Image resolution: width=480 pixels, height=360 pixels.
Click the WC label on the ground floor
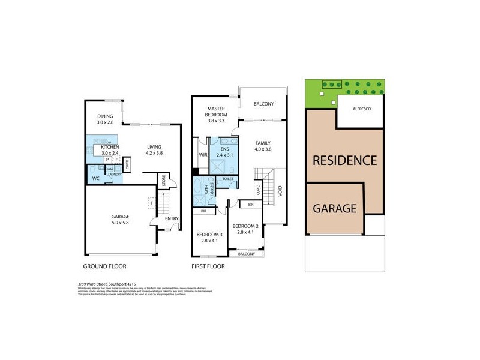coord(96,179)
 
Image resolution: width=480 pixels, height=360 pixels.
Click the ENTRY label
coord(172,218)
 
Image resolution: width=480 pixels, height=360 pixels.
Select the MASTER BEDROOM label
coord(216,111)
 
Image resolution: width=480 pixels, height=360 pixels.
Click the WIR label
coord(203,155)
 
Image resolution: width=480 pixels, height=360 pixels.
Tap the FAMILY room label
coord(263,143)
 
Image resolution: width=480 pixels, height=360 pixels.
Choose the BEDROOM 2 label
coord(248,226)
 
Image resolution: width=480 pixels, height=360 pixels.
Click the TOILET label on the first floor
coord(228,179)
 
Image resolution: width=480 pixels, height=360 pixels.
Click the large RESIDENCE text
coord(344,160)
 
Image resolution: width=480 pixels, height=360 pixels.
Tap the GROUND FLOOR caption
coord(104,266)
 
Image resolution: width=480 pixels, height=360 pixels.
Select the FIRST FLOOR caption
coord(208,266)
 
